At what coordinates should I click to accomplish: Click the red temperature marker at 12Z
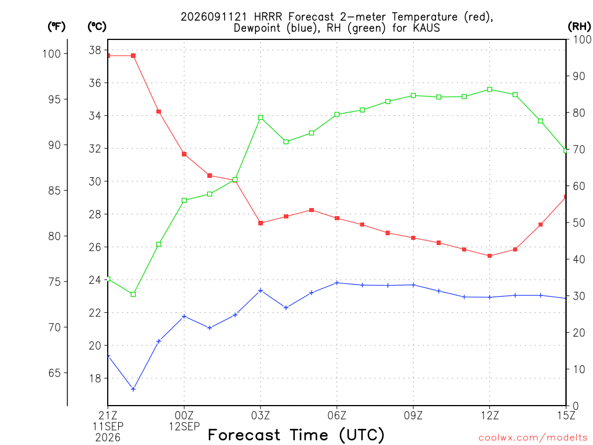490,256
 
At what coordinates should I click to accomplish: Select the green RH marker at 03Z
261,118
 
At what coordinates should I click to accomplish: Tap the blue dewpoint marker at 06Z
337,283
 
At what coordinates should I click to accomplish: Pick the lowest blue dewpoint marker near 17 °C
133,389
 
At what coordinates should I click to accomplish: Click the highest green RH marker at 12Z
490,90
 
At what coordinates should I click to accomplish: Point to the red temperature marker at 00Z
184,154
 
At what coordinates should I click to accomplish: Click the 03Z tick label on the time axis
261,416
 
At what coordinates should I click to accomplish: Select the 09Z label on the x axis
413,416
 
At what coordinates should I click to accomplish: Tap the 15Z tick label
566,416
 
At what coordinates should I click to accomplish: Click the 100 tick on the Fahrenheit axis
52,54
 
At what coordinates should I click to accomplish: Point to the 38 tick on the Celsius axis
95,50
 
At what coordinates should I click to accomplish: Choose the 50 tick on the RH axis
579,223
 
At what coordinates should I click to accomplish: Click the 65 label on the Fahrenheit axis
54,373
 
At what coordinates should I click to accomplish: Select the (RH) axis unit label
579,27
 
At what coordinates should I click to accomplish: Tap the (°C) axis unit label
97,27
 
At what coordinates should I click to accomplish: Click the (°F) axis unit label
56,27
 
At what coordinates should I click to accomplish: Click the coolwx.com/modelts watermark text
533,438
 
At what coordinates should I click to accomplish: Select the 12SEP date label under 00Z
184,427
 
